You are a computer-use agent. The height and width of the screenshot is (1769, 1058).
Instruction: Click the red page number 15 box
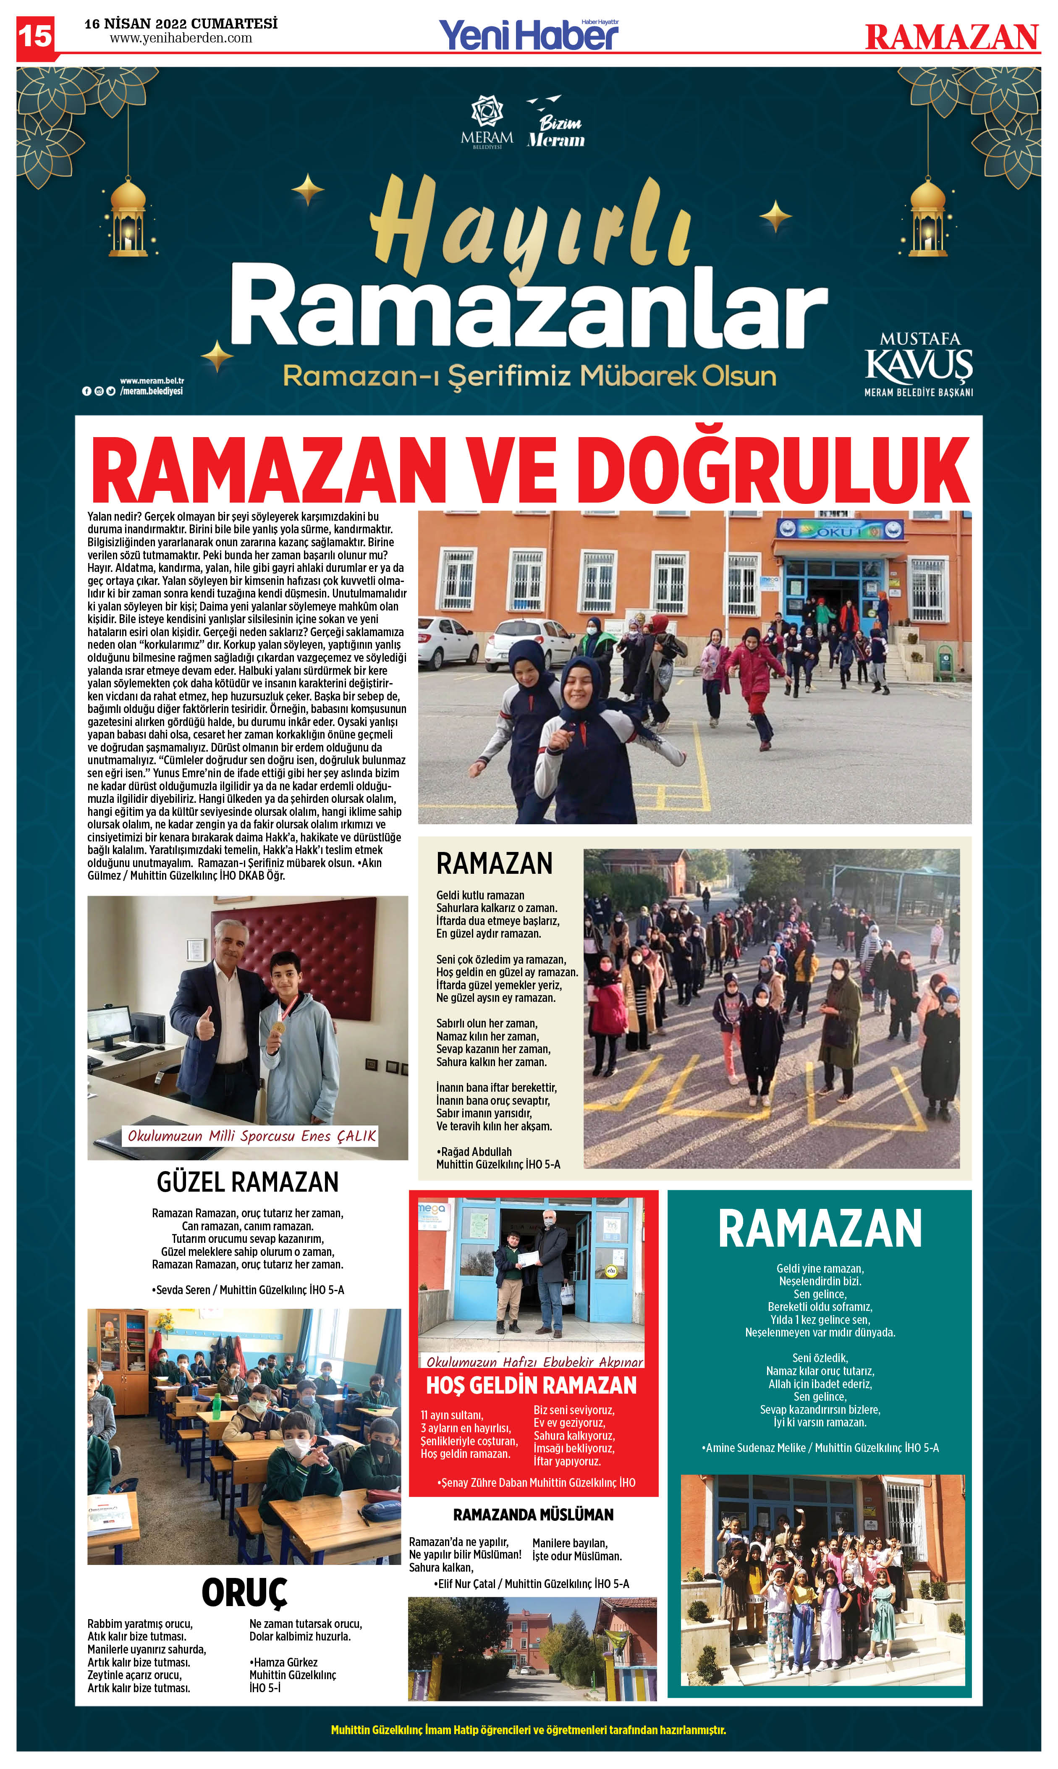pyautogui.click(x=35, y=36)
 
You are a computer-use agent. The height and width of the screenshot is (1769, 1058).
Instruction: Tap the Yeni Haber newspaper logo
pyautogui.click(x=528, y=34)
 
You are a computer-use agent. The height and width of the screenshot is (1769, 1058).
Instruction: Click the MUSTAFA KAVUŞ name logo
pyautogui.click(x=918, y=364)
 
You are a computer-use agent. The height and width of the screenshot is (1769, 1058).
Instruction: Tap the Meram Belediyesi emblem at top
pyautogui.click(x=487, y=122)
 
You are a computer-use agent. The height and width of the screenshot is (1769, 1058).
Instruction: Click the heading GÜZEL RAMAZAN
pyautogui.click(x=247, y=1182)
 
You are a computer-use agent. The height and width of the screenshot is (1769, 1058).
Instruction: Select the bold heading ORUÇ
pyautogui.click(x=244, y=1593)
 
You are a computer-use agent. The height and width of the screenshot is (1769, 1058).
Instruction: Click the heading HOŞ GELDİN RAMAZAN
pyautogui.click(x=531, y=1385)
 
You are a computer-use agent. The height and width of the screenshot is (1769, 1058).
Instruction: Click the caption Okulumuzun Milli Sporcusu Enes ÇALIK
pyautogui.click(x=251, y=1136)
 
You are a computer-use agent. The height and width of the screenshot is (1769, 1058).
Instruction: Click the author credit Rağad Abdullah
pyautogui.click(x=476, y=1151)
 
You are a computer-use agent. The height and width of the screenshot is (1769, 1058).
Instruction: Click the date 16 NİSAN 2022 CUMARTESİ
pyautogui.click(x=181, y=24)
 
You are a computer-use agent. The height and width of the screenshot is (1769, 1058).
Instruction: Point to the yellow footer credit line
pyautogui.click(x=528, y=1730)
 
